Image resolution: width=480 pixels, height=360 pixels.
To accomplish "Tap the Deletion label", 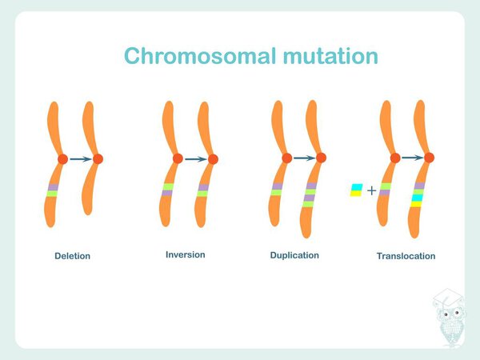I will (72, 256).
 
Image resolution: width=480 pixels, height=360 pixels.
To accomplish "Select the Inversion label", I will (185, 254).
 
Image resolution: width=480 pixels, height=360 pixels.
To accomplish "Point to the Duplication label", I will (295, 255).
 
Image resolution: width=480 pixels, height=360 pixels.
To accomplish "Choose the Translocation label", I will (406, 256).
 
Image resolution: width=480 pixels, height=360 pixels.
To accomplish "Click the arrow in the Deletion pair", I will (80, 159).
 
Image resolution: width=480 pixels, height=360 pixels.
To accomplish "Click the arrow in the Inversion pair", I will (195, 159).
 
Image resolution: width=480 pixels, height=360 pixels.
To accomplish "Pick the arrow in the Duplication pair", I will (304, 158).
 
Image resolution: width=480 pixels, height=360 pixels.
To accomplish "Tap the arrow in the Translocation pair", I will (412, 158).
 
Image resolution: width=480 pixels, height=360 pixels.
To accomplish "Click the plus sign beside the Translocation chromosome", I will (371, 190).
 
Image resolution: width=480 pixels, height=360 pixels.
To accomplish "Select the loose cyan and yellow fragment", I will (356, 190).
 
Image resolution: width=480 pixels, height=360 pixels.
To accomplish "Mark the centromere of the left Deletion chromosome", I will (62, 159).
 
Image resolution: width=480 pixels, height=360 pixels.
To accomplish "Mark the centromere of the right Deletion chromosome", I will (98, 159).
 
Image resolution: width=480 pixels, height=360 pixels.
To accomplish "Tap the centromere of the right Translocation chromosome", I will (429, 158).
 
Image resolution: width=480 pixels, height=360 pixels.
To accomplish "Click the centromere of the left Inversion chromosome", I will (178, 159).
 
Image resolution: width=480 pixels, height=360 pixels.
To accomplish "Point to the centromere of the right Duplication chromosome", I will (321, 158).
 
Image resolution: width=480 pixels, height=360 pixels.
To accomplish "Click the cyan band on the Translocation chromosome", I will (417, 197).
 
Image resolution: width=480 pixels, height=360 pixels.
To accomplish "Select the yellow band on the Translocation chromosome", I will (416, 204).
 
